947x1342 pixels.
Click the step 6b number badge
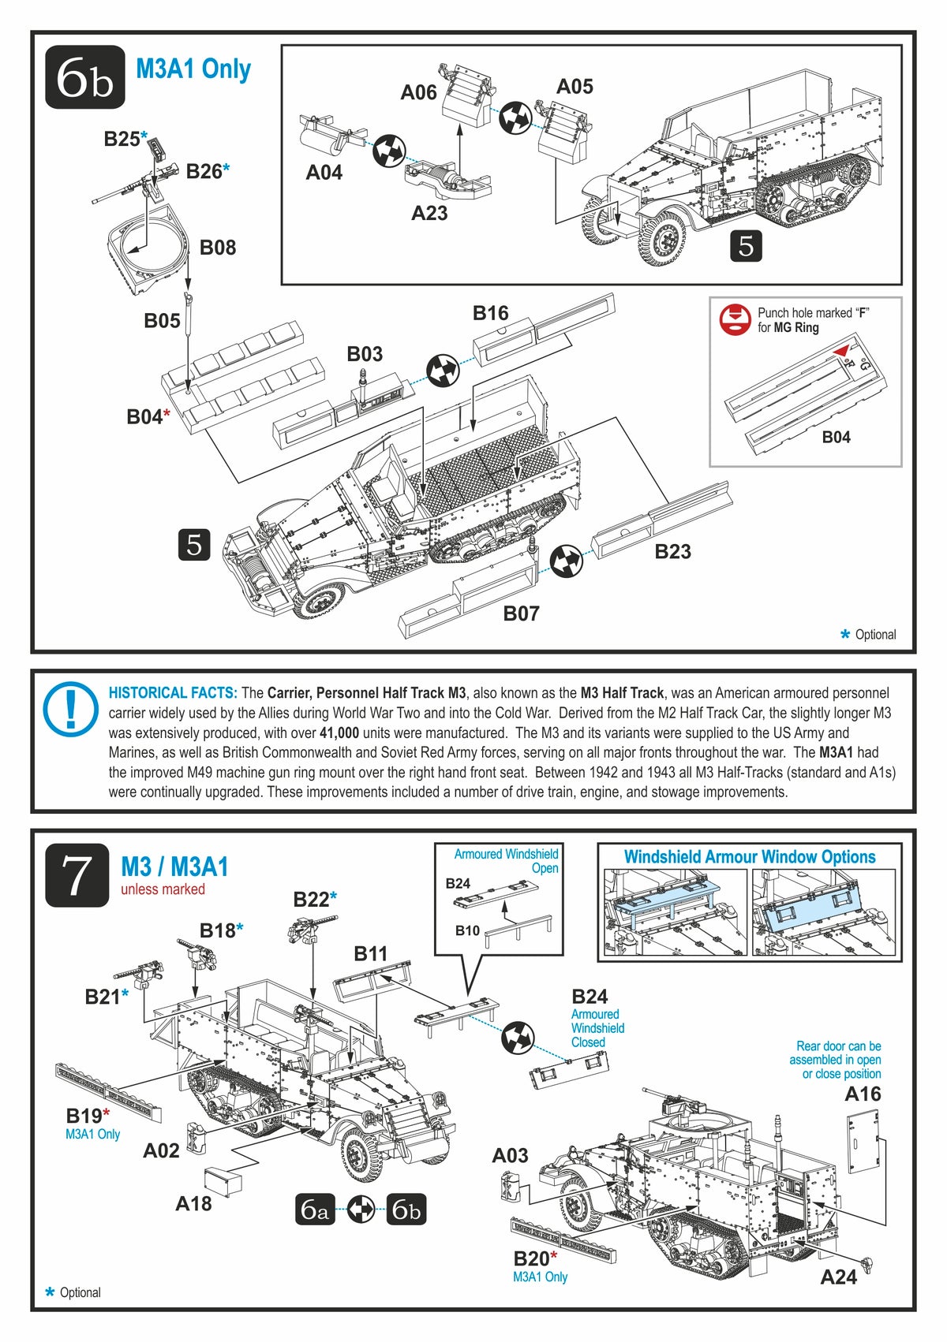click(x=84, y=76)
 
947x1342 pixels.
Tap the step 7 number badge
click(x=77, y=874)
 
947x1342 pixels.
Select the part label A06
click(x=418, y=93)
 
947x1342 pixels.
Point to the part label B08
click(x=218, y=248)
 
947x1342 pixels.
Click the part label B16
click(x=490, y=313)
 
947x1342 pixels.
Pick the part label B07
click(x=521, y=613)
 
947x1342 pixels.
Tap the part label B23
click(x=672, y=552)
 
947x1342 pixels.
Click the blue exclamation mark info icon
click(x=70, y=705)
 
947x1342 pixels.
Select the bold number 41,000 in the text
click(x=339, y=733)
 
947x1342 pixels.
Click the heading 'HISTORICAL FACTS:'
click(x=173, y=693)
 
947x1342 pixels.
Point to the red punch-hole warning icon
click(x=734, y=319)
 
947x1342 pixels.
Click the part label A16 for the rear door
click(x=862, y=1094)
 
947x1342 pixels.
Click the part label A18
click(x=193, y=1203)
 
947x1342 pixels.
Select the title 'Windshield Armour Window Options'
click(x=749, y=857)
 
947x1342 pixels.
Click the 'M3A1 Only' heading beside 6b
click(x=193, y=69)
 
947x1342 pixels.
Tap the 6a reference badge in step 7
click(x=315, y=1209)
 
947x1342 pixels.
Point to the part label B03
click(x=365, y=354)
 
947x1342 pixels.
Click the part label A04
click(x=324, y=172)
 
